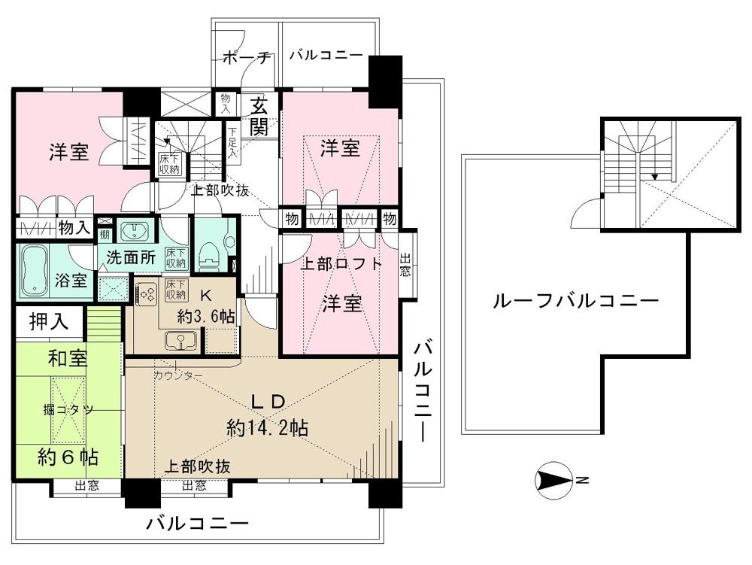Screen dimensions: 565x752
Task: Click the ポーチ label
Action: (246, 58)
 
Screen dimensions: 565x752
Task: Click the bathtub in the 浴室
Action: (34, 269)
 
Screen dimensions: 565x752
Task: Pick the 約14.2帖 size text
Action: (267, 428)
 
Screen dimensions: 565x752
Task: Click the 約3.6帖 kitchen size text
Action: (205, 316)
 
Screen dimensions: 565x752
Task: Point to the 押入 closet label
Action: (48, 322)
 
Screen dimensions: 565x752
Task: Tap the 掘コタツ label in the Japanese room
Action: (67, 409)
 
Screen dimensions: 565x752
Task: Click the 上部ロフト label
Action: (341, 264)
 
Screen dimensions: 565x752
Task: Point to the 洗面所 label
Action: (130, 257)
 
